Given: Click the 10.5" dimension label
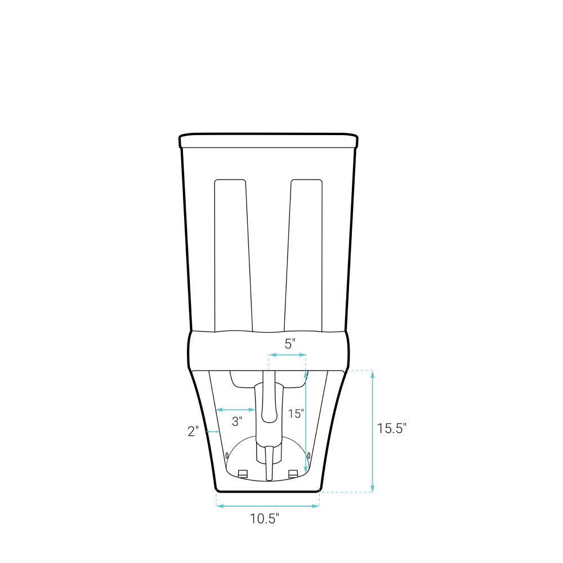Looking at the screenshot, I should click(x=265, y=519).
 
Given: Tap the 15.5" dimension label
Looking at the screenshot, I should click(x=391, y=428).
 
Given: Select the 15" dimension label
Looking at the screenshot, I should click(x=296, y=414).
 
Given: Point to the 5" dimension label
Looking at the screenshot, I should click(x=289, y=343).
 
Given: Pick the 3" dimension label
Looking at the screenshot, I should click(x=237, y=421).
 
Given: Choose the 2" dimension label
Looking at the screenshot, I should click(x=193, y=431).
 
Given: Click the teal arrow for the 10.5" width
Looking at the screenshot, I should click(x=267, y=506).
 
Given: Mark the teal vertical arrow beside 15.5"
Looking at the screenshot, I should click(x=372, y=431).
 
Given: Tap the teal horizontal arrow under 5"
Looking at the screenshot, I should click(x=287, y=355).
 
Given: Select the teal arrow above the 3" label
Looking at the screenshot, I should click(x=236, y=409).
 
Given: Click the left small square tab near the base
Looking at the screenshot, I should click(x=243, y=473).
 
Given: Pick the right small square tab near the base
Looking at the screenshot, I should click(x=293, y=473).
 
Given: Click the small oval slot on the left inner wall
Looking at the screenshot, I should click(x=227, y=454).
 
